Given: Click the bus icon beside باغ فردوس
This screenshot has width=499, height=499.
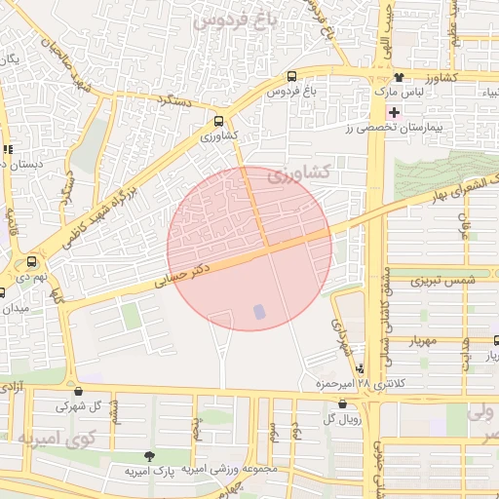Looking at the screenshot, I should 292,77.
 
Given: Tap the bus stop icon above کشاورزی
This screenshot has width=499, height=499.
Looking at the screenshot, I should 219,122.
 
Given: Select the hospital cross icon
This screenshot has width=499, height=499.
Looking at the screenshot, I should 393,113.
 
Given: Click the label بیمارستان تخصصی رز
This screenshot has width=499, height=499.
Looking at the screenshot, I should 406,128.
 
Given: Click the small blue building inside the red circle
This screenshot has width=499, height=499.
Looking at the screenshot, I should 259,311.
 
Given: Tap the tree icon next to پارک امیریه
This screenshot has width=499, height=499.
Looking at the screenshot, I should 149,456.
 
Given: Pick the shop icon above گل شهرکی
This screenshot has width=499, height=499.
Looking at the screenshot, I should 77,390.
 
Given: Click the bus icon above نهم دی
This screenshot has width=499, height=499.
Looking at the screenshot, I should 33,261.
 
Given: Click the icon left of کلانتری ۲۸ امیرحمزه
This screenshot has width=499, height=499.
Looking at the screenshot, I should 362,369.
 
